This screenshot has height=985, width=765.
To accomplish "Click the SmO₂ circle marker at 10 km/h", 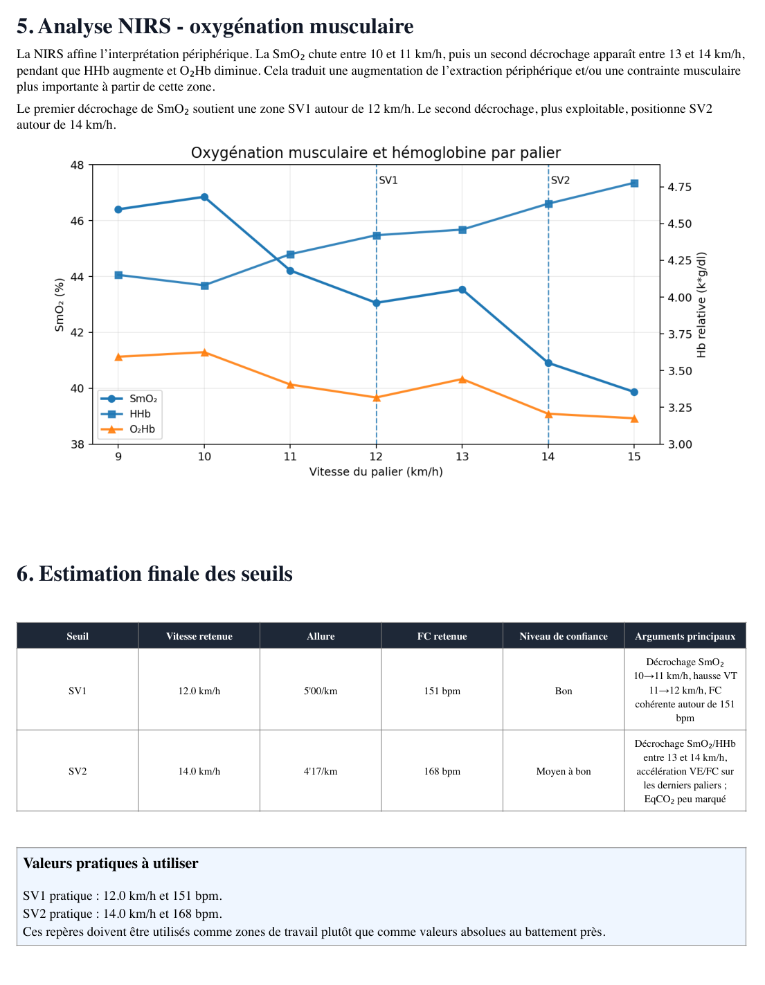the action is point(204,197).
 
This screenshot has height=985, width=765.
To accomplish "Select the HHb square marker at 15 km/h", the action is point(634,183).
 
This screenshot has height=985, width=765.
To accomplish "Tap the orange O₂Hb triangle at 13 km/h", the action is point(462,379).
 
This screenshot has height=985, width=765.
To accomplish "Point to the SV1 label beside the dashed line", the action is point(388,181).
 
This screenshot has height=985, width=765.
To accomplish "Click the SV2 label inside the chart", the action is point(560,181).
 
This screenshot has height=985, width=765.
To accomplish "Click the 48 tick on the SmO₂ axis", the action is point(77,165).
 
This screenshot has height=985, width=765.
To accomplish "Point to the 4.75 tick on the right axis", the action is point(680,187).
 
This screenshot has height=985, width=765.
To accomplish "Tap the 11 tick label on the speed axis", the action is point(290,456).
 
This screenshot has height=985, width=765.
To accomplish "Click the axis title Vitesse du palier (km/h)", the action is point(376,472).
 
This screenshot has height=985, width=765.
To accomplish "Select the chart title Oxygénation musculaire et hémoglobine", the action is point(376,153).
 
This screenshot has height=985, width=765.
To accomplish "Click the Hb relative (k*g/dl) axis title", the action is point(701,305).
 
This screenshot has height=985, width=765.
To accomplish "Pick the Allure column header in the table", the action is point(321,636).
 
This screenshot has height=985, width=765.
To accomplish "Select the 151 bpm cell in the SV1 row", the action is point(442,691).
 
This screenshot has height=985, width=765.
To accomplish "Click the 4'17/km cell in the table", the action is point(321,771).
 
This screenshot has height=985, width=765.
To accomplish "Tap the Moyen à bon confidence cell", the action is point(564,771).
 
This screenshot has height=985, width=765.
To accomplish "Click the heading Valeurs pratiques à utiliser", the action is point(111,863).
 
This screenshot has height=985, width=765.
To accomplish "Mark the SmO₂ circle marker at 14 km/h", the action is point(548,363).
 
